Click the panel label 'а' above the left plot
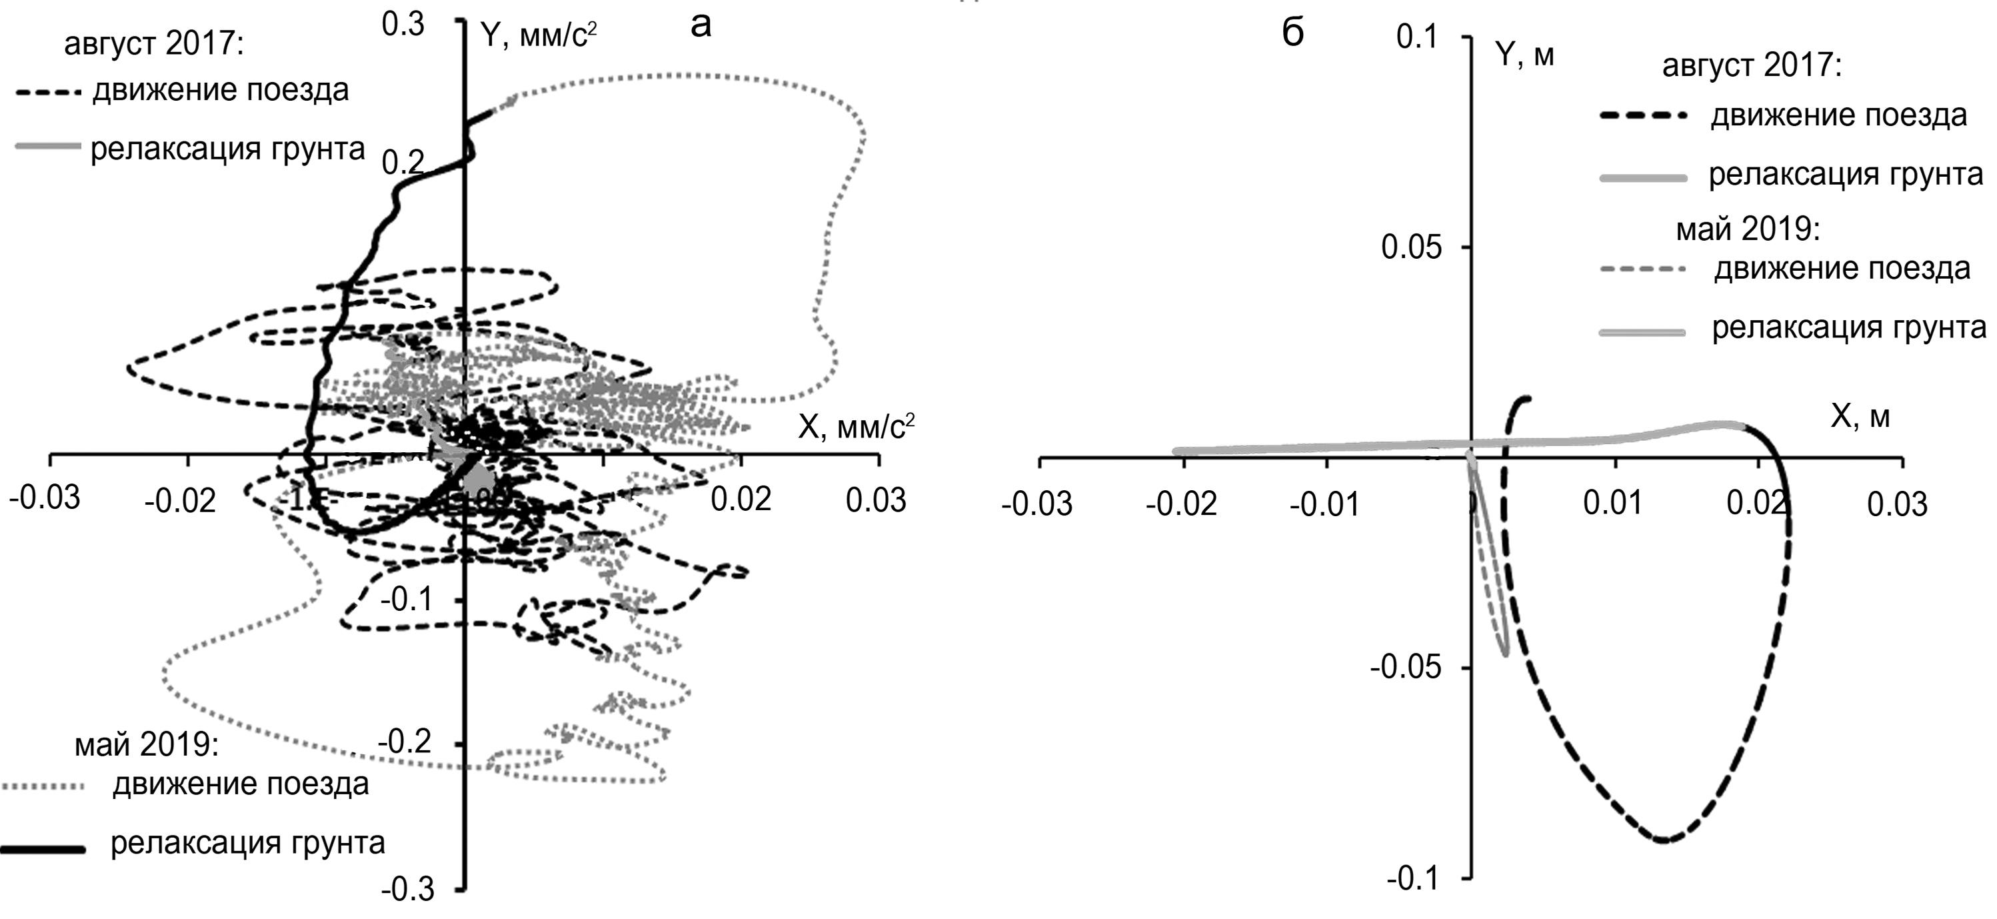click(x=700, y=25)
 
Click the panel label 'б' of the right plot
click(x=1293, y=35)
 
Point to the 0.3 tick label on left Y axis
click(x=403, y=24)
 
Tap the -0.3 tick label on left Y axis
click(x=408, y=890)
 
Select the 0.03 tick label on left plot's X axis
click(x=875, y=501)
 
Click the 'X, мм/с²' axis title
click(x=856, y=427)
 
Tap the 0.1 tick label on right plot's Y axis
click(x=1417, y=37)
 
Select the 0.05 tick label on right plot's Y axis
click(x=1411, y=247)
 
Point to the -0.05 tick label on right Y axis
click(x=1406, y=667)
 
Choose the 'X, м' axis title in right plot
click(x=1860, y=417)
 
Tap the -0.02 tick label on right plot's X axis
click(x=1181, y=504)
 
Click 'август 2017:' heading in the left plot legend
click(x=153, y=44)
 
